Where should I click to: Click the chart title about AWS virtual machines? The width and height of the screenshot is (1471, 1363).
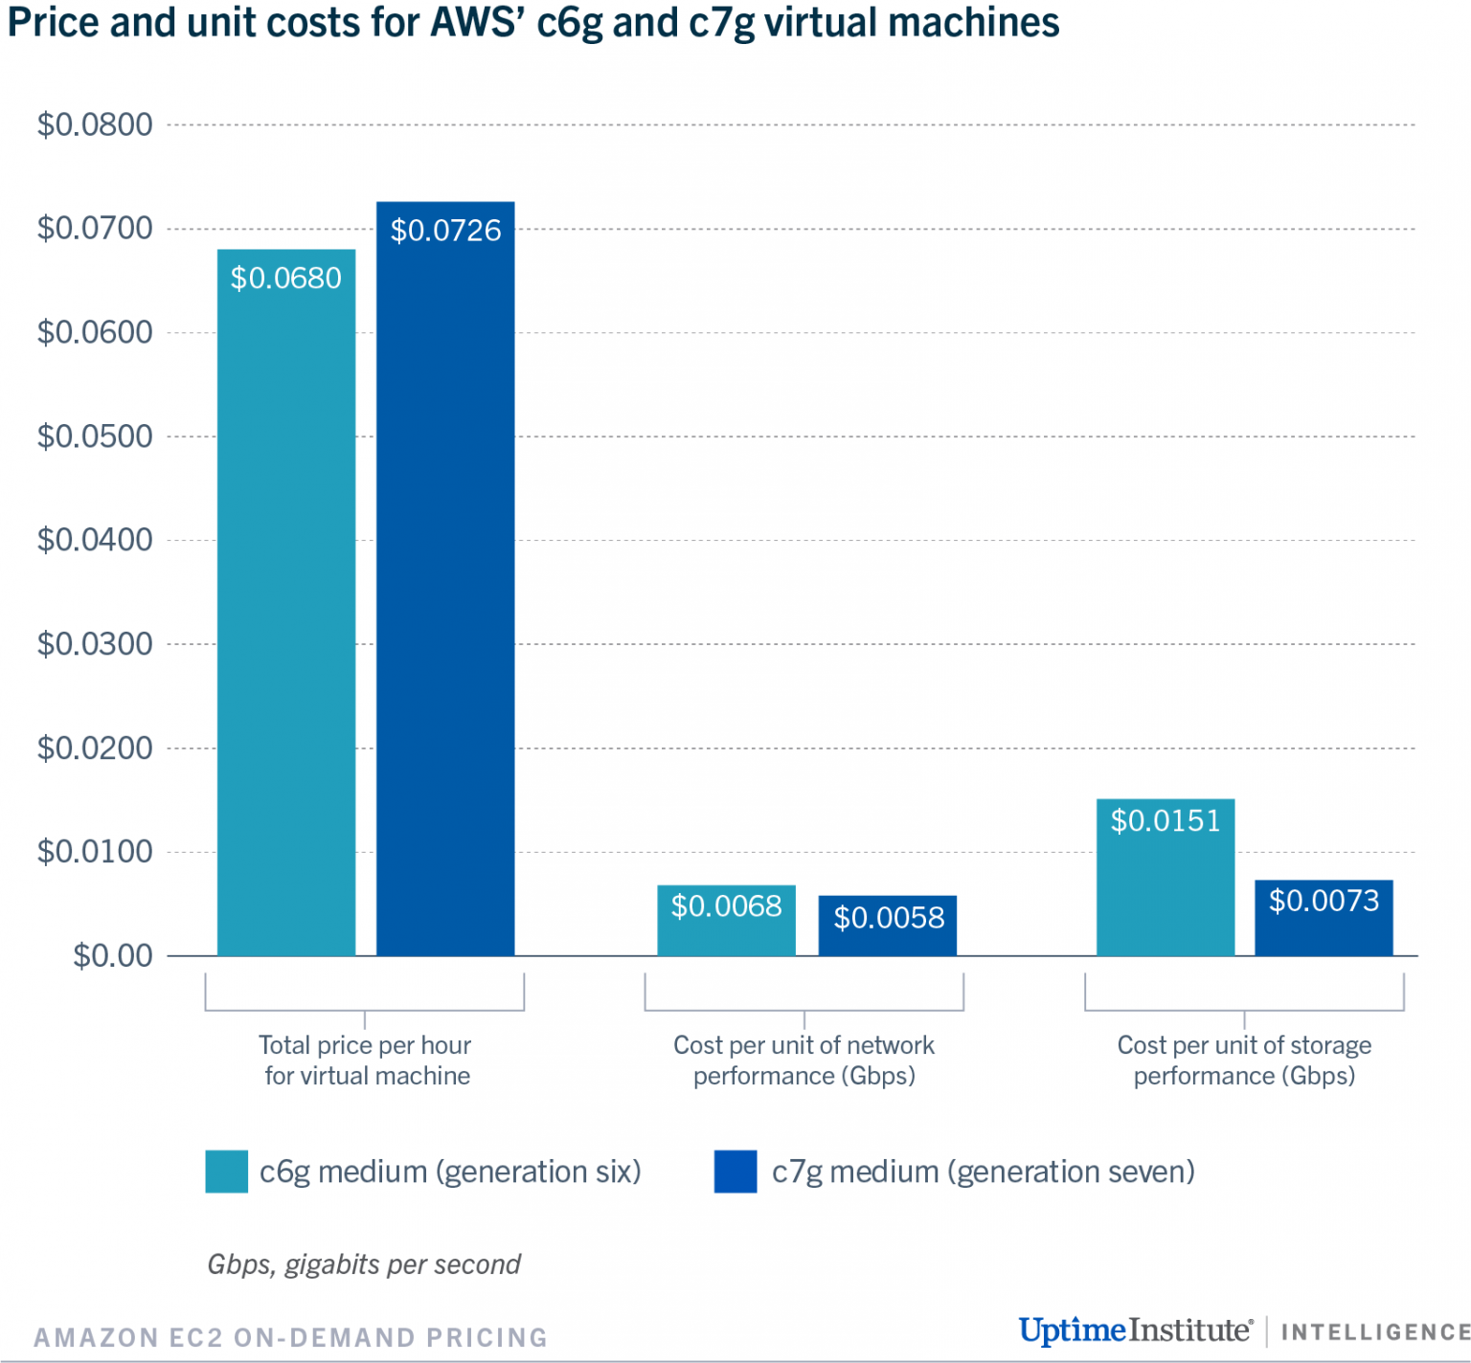(x=533, y=23)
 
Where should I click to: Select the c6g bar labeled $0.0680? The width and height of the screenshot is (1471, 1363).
(x=286, y=603)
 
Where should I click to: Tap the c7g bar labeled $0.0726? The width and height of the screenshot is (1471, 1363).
(x=445, y=579)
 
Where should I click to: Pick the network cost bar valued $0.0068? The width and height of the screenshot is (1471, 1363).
(x=726, y=921)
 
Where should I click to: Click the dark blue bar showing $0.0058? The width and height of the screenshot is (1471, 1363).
(x=888, y=926)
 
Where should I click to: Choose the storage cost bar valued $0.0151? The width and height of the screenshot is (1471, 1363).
(x=1165, y=878)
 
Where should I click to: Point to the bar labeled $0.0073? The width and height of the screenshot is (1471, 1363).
(x=1324, y=918)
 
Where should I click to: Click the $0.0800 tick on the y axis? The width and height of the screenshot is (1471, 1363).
(x=95, y=124)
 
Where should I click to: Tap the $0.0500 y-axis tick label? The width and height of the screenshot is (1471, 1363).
(x=95, y=436)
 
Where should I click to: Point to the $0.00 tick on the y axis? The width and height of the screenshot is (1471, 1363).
(x=112, y=955)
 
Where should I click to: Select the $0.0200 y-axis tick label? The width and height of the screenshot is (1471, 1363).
(x=95, y=748)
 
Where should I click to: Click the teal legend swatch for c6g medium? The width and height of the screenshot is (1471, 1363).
(x=226, y=1172)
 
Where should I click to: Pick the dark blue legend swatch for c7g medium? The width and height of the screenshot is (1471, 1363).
(x=735, y=1172)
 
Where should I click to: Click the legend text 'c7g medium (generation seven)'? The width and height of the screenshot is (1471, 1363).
(x=983, y=1172)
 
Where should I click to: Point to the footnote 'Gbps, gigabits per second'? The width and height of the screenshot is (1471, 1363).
(x=364, y=1264)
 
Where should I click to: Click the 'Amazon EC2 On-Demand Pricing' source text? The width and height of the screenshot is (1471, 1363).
(x=290, y=1337)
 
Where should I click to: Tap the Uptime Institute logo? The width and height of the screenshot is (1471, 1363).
(x=1135, y=1330)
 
